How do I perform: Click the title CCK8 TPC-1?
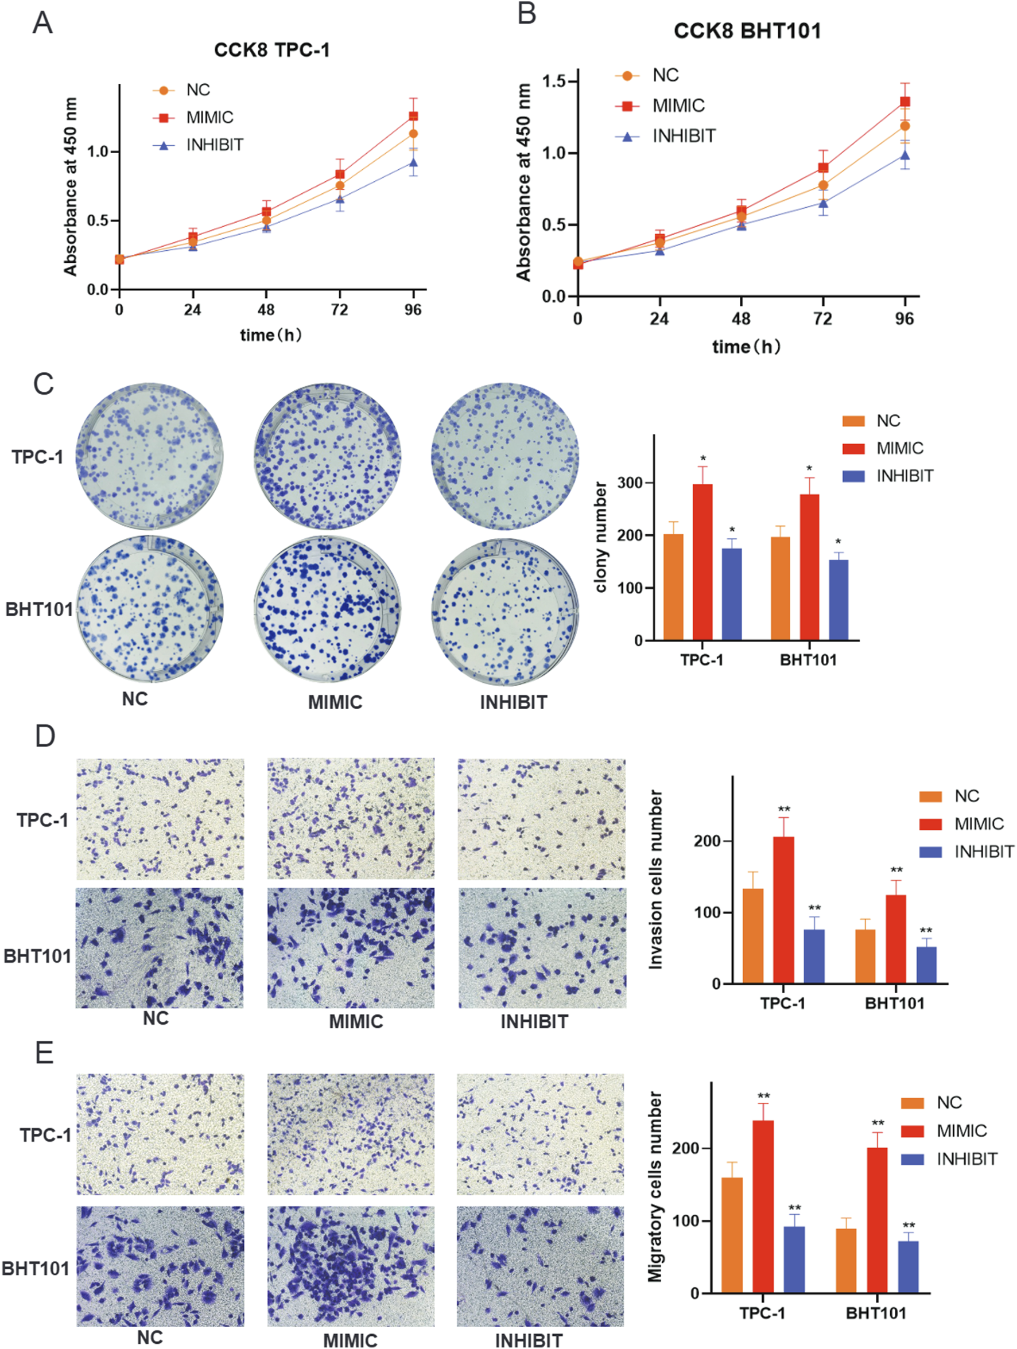point(271,50)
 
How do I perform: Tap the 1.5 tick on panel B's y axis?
point(553,81)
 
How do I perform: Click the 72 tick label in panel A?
point(339,310)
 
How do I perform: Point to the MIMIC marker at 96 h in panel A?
point(413,116)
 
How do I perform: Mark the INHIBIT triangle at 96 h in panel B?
point(905,155)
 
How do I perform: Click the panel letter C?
point(43,384)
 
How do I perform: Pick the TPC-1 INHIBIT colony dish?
point(504,456)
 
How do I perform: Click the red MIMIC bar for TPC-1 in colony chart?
point(702,561)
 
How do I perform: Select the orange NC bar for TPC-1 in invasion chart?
point(753,935)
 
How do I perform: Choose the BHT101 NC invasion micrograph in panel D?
point(159,948)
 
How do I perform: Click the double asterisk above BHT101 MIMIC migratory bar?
point(878,1123)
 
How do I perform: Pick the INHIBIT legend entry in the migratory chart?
point(966,1158)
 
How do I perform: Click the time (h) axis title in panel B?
point(746,347)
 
